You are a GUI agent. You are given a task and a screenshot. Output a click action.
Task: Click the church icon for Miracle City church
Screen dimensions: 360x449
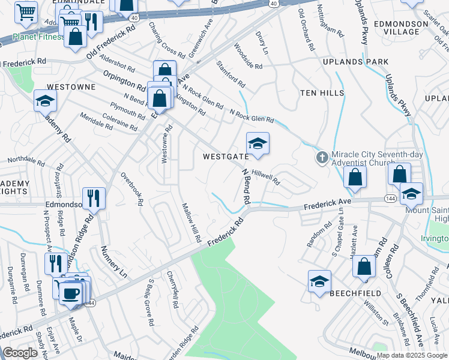tap(322, 158)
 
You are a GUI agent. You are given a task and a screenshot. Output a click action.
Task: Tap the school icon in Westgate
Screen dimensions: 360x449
tap(258, 144)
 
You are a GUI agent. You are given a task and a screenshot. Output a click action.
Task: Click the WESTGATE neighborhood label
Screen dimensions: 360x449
tap(226, 157)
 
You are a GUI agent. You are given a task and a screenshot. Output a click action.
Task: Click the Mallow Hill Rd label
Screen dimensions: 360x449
tap(191, 223)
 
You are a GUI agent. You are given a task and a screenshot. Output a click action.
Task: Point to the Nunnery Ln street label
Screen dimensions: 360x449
tap(115, 262)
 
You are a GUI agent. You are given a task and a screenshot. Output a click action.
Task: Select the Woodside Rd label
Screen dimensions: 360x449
tap(248, 56)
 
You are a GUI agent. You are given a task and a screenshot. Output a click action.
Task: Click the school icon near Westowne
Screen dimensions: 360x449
tap(45, 101)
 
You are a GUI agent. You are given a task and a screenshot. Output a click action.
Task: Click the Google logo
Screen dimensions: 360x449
tap(20, 353)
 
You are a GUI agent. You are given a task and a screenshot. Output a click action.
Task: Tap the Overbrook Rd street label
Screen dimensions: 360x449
tap(131, 190)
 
